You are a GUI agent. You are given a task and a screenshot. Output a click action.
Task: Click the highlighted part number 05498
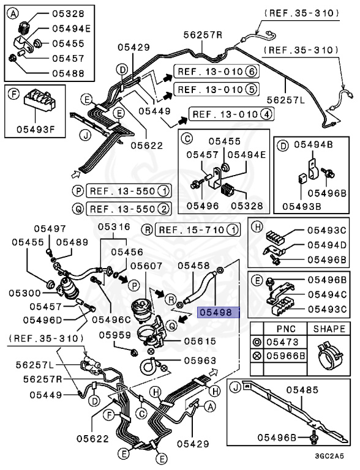pyautogui.click(x=216, y=312)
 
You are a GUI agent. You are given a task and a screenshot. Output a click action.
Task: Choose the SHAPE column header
pyautogui.click(x=329, y=329)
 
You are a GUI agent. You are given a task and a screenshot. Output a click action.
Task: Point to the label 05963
pyautogui.click(x=201, y=361)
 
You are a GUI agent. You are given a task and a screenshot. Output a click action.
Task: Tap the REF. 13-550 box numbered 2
pyautogui.click(x=128, y=209)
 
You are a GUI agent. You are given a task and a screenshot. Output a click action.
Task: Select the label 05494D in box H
pyautogui.click(x=326, y=244)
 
